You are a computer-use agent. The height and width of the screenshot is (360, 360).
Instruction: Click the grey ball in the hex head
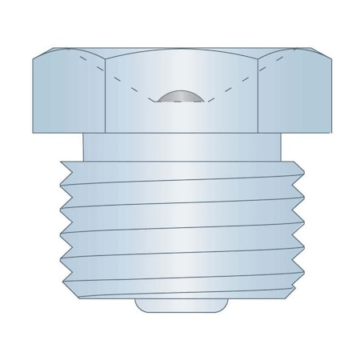[180, 97]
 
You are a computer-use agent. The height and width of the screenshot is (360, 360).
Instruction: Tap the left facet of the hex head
[68, 92]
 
